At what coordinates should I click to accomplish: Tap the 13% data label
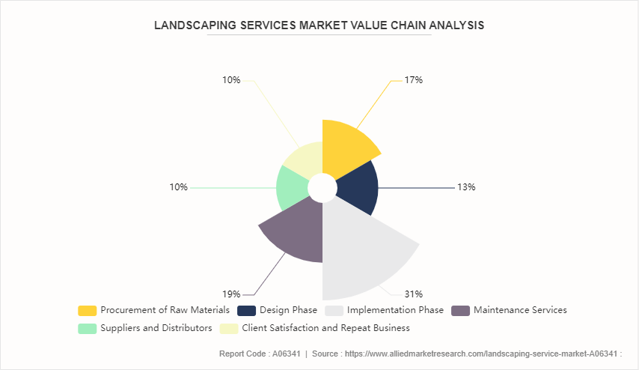466,187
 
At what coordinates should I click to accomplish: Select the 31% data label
414,294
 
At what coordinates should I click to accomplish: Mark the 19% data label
231,294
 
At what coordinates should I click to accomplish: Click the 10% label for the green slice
178,187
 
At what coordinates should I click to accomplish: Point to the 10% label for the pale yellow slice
231,79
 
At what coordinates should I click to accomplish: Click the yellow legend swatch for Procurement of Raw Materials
87,310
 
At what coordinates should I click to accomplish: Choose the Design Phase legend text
288,310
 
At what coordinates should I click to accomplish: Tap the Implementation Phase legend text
394,310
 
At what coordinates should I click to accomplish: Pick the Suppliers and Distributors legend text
156,328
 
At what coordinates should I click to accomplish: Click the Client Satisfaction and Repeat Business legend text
326,328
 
